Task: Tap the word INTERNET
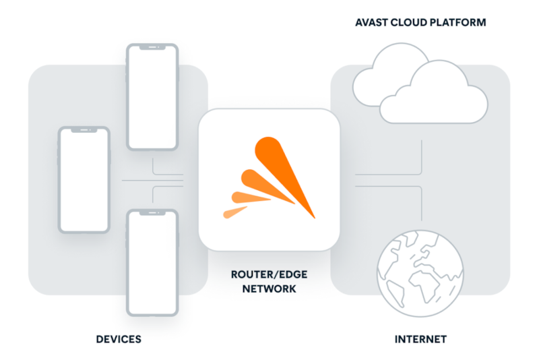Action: (x=421, y=338)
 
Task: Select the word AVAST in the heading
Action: (x=372, y=23)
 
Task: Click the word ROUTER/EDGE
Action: (x=268, y=276)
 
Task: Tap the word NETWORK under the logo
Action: (x=268, y=289)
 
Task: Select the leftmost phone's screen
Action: (x=84, y=179)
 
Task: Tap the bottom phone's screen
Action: (x=152, y=263)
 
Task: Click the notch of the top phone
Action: (x=152, y=48)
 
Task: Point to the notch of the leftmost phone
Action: (x=84, y=129)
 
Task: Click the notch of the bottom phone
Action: (x=152, y=214)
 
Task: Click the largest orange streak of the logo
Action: (x=286, y=172)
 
